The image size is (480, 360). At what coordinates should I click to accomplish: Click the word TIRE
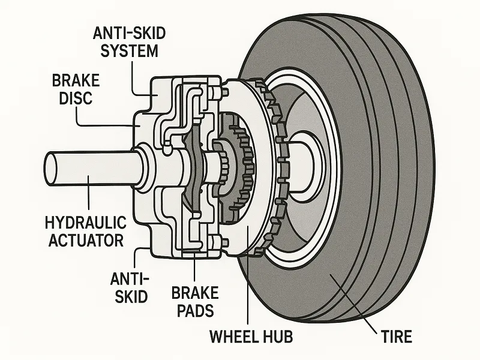coord(397,337)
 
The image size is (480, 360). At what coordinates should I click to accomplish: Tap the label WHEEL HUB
coord(251,337)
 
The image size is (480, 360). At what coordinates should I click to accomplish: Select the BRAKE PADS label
coord(195,302)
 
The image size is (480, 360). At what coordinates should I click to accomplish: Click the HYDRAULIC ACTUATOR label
coord(85,232)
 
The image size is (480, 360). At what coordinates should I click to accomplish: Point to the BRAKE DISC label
coord(76,89)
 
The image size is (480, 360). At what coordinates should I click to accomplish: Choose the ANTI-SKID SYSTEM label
coord(129,42)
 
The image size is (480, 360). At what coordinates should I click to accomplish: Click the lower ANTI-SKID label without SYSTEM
coord(130,287)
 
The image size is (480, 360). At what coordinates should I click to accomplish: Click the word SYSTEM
coord(129,50)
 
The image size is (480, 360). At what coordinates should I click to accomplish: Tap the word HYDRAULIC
coord(85,223)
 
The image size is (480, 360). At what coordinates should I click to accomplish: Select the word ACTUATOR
coord(86,241)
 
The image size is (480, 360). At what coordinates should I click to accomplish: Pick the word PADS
coord(196,311)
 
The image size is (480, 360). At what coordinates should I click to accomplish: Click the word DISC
coord(76,98)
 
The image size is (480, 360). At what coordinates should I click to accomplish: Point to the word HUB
coord(278,337)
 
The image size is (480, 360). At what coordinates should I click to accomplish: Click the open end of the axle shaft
coord(50,169)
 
